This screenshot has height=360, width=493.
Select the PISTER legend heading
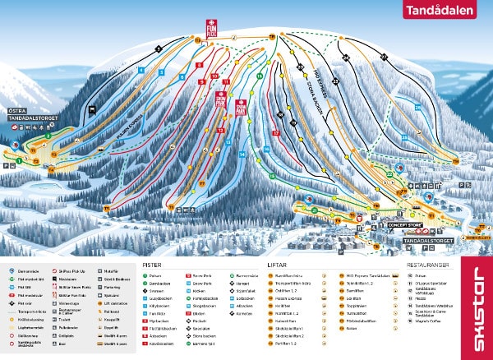tap(151, 265)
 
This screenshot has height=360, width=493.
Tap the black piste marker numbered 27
tap(383, 55)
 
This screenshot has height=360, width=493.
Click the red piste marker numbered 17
tap(277, 132)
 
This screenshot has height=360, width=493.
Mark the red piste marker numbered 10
tap(214, 76)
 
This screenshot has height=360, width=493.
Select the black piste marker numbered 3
tap(158, 49)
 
